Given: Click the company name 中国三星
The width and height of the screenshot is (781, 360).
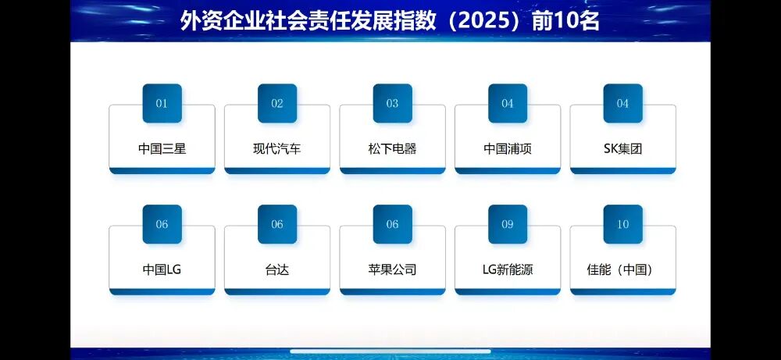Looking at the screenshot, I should pyautogui.click(x=162, y=148).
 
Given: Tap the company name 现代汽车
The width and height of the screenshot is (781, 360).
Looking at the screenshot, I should pyautogui.click(x=277, y=148).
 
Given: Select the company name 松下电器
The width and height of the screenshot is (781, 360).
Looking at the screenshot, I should pyautogui.click(x=392, y=148).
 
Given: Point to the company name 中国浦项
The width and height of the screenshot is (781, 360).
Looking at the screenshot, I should pyautogui.click(x=508, y=148).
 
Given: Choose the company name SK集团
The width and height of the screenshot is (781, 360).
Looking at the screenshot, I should pyautogui.click(x=622, y=148).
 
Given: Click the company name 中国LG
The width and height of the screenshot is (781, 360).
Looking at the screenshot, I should pyautogui.click(x=162, y=269).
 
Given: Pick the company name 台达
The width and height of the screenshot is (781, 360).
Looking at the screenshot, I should pyautogui.click(x=277, y=269).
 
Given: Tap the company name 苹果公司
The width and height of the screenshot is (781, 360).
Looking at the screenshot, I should pyautogui.click(x=392, y=269).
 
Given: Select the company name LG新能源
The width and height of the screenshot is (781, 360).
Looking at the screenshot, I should pyautogui.click(x=508, y=269).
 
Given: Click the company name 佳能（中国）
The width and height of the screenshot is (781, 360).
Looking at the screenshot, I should pyautogui.click(x=622, y=269).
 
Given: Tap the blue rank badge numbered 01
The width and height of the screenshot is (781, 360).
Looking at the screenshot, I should pyautogui.click(x=162, y=103).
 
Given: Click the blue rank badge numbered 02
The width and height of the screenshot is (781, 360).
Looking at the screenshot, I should pyautogui.click(x=277, y=103).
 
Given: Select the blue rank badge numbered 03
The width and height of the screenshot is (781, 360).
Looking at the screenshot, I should pyautogui.click(x=392, y=103).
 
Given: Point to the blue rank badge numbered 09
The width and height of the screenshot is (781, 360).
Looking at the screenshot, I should pyautogui.click(x=508, y=224).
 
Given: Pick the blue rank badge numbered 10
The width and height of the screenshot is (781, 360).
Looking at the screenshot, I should pyautogui.click(x=622, y=224).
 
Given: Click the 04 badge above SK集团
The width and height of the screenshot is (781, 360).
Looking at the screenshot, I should pyautogui.click(x=622, y=103).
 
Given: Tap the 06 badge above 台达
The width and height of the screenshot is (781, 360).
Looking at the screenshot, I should pyautogui.click(x=277, y=224).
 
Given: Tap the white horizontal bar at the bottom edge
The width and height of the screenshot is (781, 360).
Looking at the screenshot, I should pyautogui.click(x=390, y=351).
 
